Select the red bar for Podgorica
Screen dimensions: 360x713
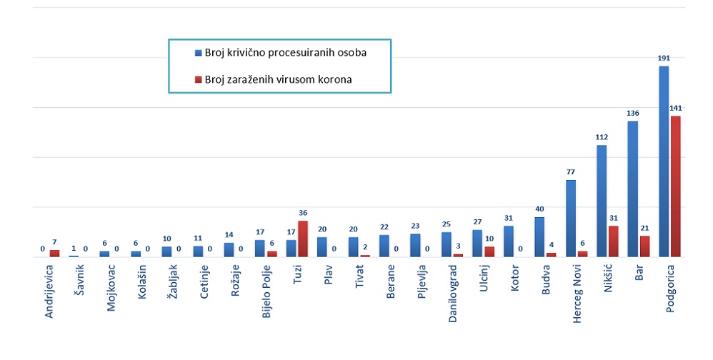point(676,186)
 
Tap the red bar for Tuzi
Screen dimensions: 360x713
point(302,239)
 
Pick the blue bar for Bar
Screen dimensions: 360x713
point(632,189)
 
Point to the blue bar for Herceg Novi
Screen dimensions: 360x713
point(571,218)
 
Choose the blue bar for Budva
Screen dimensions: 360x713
point(539,236)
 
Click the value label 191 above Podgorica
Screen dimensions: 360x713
point(664,58)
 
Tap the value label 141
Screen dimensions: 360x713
point(676,108)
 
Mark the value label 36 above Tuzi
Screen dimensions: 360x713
point(302,213)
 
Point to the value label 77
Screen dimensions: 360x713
point(571,172)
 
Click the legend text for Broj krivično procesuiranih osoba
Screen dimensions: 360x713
point(286,53)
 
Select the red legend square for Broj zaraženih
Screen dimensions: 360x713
point(197,80)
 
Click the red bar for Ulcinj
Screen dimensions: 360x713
point(489,251)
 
